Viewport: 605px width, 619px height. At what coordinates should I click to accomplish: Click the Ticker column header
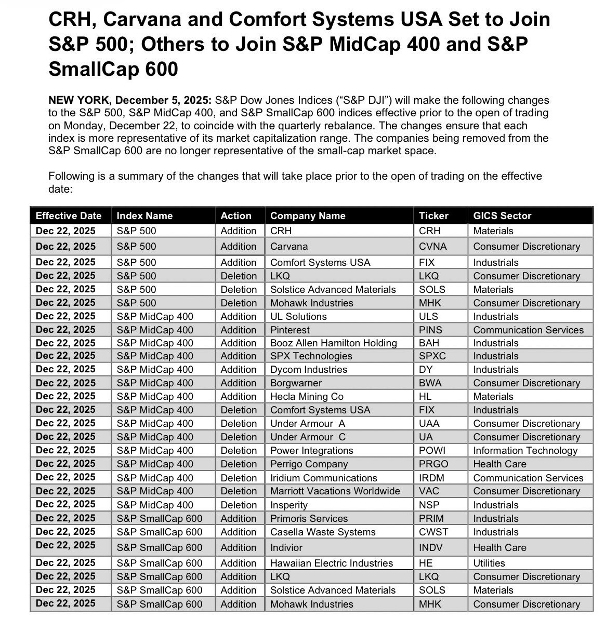pos(433,216)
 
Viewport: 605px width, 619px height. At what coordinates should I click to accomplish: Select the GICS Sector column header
pos(502,216)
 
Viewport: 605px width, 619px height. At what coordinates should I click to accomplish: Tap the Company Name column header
pos(308,216)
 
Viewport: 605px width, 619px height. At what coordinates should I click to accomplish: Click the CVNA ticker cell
pos(432,246)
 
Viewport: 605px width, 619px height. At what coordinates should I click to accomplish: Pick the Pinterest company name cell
pos(290,330)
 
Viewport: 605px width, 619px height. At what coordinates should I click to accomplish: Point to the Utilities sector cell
pos(489,563)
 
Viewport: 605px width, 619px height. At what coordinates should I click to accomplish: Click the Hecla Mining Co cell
pos(307,396)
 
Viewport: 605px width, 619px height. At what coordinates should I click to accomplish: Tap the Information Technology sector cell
pos(525,450)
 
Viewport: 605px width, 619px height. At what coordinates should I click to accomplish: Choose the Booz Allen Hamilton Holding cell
pos(333,343)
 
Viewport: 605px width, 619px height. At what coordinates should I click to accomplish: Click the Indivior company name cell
pos(286,547)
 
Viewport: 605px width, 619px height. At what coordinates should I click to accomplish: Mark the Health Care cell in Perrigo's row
pos(499,464)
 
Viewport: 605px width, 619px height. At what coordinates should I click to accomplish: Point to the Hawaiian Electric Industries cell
pos(332,563)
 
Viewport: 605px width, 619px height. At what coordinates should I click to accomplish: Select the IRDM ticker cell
pos(431,478)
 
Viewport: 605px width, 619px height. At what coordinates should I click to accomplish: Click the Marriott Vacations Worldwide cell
pos(335,491)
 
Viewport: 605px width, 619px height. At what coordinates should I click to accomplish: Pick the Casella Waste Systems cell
pos(323,532)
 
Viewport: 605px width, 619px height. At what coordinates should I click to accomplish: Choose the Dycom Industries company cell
pos(308,369)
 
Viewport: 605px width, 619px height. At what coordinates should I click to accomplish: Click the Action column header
pos(235,216)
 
